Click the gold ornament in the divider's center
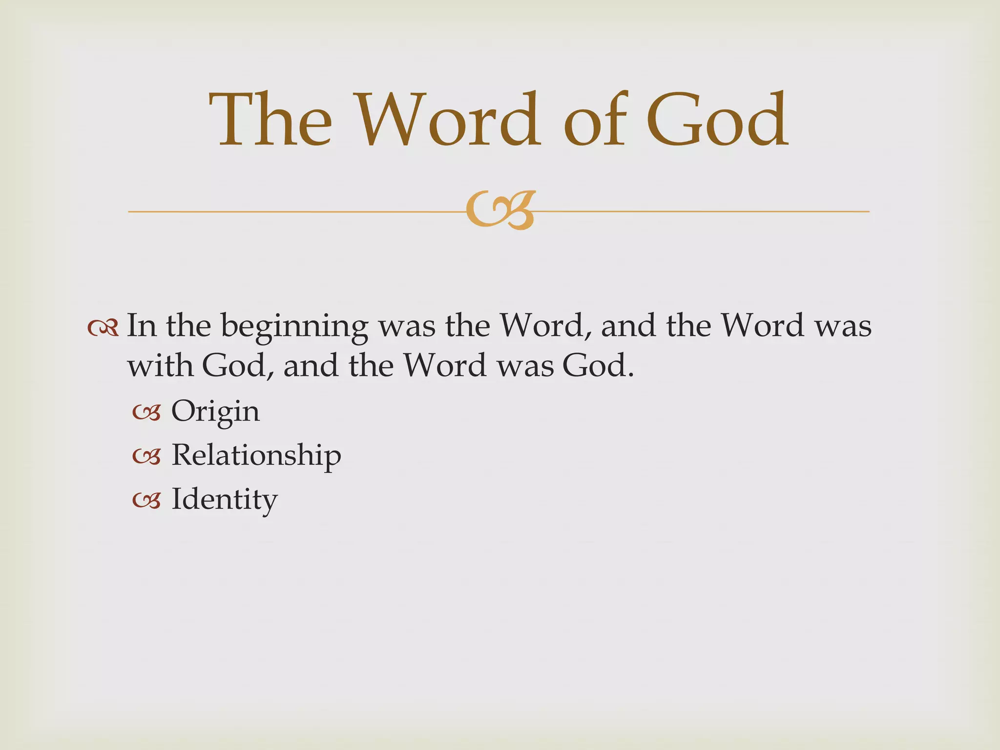(500, 210)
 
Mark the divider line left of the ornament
(293, 212)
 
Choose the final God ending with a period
(598, 365)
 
